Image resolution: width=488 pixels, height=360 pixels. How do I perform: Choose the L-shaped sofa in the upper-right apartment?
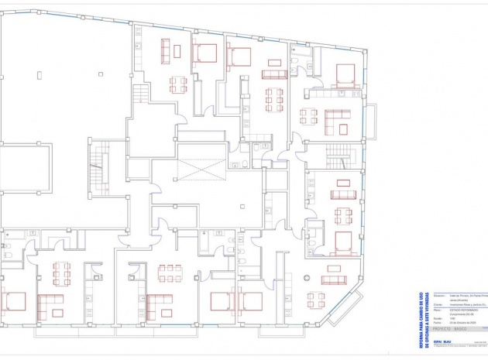pyautogui.click(x=339, y=122)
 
